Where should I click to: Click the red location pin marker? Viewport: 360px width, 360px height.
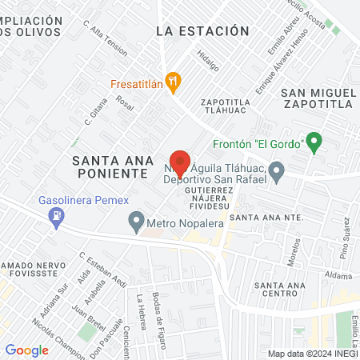pos(180,162)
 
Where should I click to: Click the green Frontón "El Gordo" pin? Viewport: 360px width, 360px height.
pos(314,143)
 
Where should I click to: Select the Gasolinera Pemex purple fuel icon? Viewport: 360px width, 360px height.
pos(56,214)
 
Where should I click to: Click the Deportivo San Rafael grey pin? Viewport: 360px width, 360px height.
pos(277,170)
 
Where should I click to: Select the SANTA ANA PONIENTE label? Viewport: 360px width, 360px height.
pos(110,166)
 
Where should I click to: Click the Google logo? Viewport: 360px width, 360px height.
pos(26,350)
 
